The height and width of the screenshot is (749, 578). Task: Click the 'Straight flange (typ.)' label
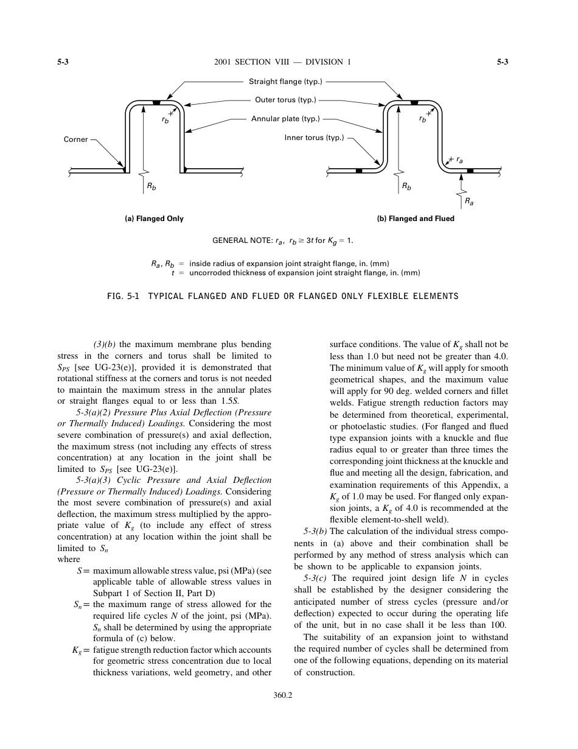[285, 82]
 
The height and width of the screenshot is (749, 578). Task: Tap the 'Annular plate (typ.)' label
[285, 119]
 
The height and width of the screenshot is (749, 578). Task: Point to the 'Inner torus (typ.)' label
[314, 138]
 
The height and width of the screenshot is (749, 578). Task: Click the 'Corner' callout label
[76, 139]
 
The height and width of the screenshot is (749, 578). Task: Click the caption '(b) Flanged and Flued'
[416, 219]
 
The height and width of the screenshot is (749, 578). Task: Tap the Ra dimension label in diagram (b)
[468, 200]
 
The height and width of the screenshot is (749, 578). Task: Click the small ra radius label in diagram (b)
[459, 160]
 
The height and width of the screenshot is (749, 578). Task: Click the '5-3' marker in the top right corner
[502, 62]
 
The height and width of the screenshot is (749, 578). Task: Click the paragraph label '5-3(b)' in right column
[315, 531]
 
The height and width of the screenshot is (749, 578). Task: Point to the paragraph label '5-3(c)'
[316, 578]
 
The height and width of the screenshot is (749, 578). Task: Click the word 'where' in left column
[68, 559]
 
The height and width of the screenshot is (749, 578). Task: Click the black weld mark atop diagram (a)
[156, 102]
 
